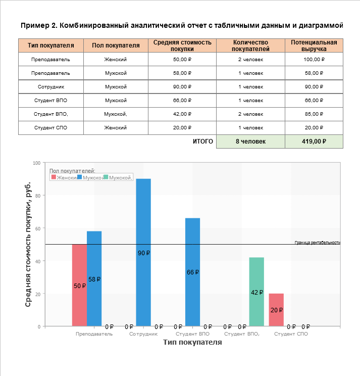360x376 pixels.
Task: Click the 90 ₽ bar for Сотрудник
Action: [143, 252]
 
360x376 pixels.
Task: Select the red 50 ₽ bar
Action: [79, 285]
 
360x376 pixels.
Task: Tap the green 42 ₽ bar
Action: [256, 292]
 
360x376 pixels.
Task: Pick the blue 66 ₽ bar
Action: [192, 272]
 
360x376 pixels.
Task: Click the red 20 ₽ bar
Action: [276, 309]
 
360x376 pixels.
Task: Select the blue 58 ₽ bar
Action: [94, 278]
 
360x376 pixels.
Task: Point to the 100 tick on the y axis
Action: [36, 163]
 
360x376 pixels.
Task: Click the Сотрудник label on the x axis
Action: [144, 334]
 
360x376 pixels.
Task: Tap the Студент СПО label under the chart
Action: [291, 334]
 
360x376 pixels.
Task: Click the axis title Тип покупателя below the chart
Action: [192, 343]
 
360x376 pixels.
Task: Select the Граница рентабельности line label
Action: [317, 243]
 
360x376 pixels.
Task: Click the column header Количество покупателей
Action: [250, 45]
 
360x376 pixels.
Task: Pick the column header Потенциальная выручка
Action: [314, 45]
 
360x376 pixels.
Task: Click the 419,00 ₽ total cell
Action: [314, 142]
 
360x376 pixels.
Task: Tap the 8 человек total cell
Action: [250, 142]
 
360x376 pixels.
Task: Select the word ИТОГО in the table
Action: [203, 142]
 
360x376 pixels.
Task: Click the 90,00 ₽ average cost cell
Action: [182, 87]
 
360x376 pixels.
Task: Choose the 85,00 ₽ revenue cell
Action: [314, 114]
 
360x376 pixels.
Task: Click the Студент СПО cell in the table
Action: [50, 128]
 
